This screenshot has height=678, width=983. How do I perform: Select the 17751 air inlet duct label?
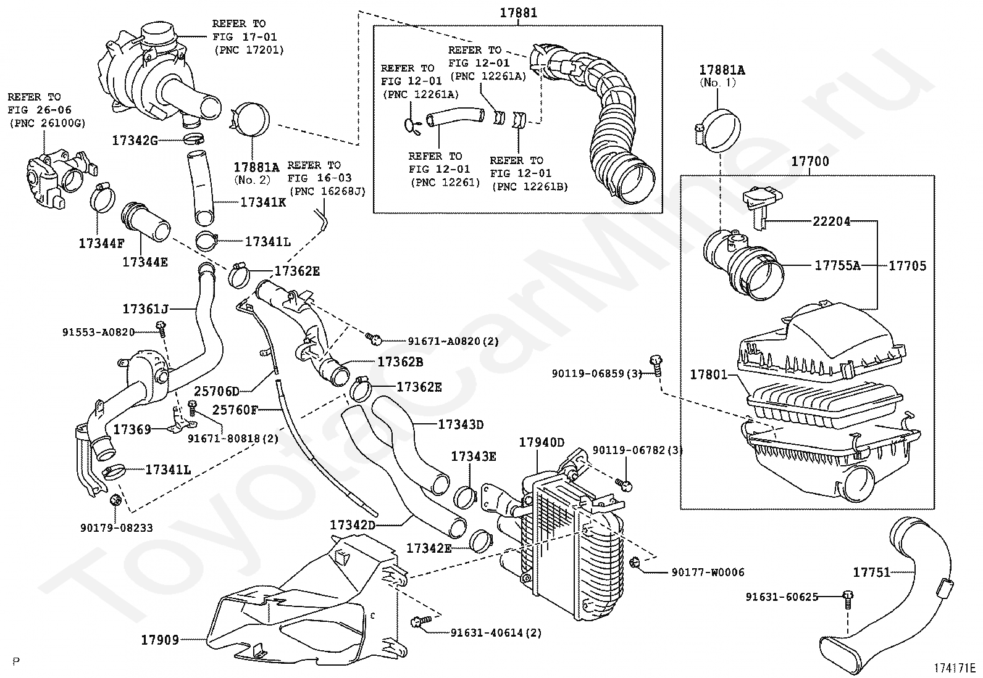[871, 573]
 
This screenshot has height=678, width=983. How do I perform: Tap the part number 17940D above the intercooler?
[541, 442]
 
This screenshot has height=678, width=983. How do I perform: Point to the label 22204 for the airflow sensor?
[831, 221]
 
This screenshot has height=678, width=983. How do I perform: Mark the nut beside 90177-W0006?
[634, 562]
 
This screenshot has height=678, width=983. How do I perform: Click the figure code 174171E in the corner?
[954, 668]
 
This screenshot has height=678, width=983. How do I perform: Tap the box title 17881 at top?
[518, 12]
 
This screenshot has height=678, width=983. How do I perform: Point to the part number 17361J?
[145, 308]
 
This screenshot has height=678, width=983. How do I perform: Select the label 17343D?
[461, 424]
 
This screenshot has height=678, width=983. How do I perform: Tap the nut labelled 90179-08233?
[115, 500]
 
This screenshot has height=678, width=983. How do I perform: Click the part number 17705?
[907, 266]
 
